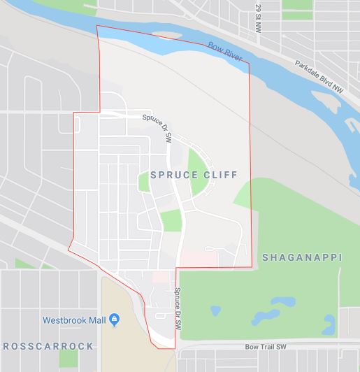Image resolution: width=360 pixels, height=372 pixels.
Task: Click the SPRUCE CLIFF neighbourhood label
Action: click(194, 175)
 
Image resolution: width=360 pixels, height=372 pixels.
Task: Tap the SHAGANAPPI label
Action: click(302, 257)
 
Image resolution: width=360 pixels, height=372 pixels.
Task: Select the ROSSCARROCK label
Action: click(48, 346)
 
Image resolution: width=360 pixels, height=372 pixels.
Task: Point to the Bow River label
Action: click(225, 52)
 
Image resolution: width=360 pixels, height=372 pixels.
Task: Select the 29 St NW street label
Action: click(258, 15)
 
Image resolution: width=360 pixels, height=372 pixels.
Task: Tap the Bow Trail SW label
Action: click(266, 346)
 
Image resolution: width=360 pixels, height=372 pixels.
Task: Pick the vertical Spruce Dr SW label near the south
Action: click(178, 308)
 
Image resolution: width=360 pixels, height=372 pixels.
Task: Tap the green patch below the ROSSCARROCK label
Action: click(69, 359)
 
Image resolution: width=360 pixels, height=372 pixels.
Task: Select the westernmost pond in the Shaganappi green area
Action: click(215, 310)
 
